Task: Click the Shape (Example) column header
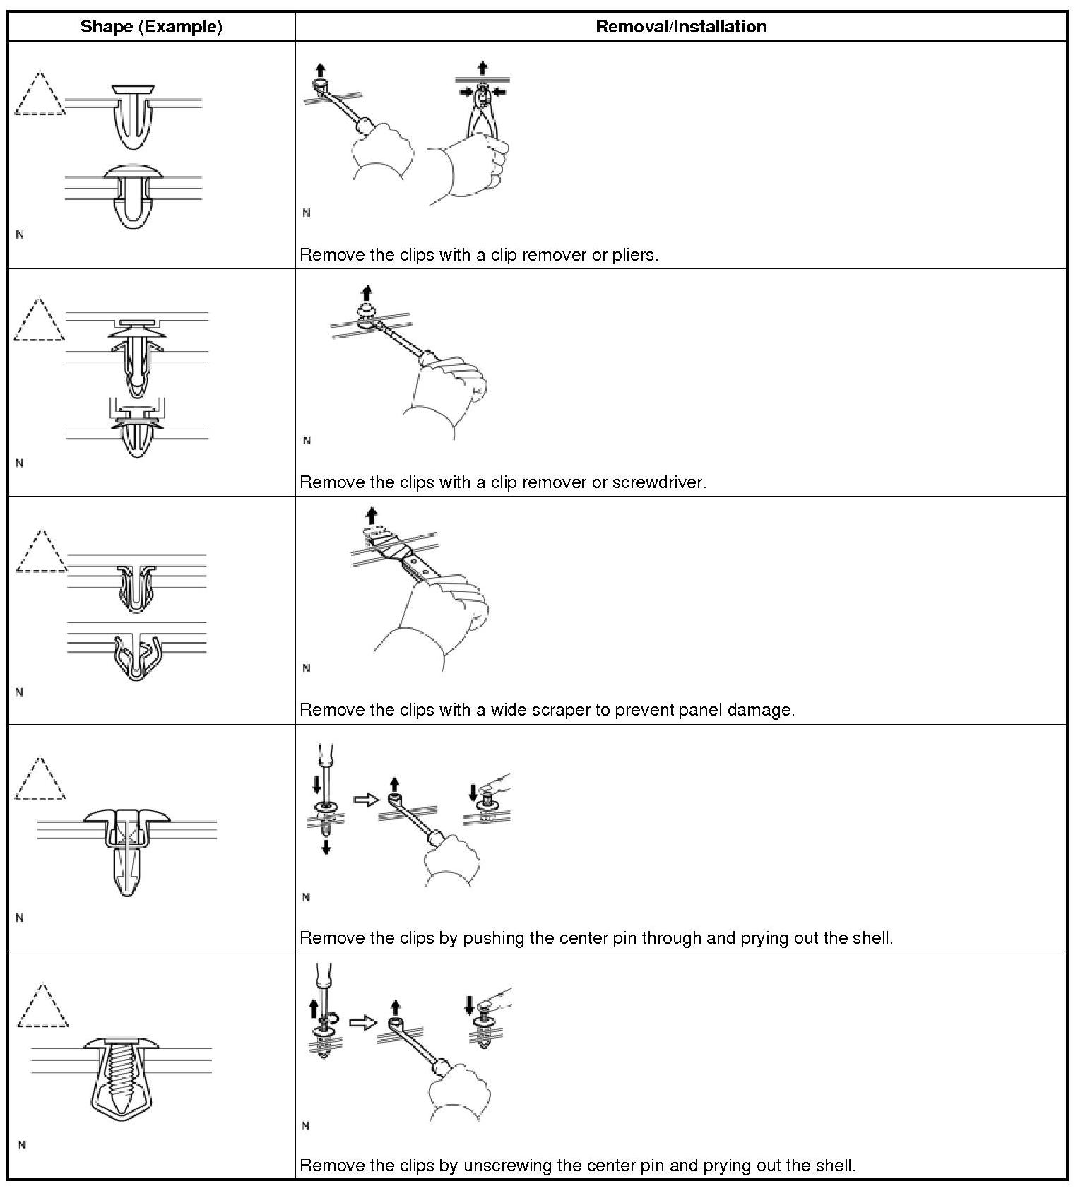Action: [x=151, y=27]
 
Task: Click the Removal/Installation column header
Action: [x=681, y=27]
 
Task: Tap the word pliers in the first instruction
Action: [x=634, y=255]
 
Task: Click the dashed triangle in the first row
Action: [x=39, y=95]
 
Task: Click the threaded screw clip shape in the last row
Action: [x=122, y=1077]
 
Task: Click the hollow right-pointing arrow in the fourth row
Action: [x=365, y=799]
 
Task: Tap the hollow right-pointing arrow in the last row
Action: [x=363, y=1022]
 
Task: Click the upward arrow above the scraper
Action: [x=372, y=515]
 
